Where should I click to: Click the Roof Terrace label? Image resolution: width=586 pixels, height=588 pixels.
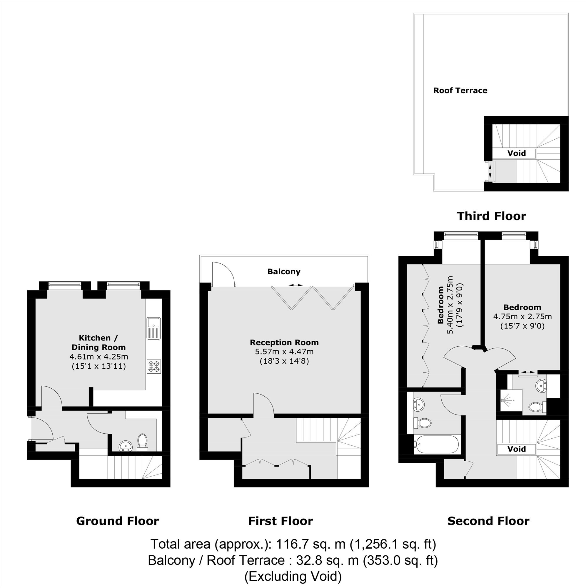tap(460, 90)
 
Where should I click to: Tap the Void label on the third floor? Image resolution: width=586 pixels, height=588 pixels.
tap(516, 153)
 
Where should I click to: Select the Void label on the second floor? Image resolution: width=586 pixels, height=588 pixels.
tap(517, 449)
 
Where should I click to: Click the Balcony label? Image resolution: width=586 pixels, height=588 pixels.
tap(284, 272)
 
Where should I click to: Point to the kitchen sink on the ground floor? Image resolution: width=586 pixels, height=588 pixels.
tap(154, 328)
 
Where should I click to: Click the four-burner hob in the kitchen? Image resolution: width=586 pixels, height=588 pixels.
tap(154, 366)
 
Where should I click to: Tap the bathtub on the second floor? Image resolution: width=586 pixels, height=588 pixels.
tap(436, 445)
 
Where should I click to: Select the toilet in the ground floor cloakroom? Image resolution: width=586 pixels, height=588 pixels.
tap(142, 442)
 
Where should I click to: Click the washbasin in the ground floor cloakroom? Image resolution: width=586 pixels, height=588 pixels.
tap(125, 446)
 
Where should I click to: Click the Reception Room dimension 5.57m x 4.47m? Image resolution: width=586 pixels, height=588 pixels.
tap(284, 352)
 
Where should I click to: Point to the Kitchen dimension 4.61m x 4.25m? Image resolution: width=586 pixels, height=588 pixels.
tap(98, 356)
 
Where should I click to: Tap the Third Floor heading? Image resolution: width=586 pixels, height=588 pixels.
tap(491, 216)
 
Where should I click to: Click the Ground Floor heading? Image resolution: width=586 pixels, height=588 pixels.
tap(118, 521)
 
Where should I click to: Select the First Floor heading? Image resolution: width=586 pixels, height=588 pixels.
tap(281, 521)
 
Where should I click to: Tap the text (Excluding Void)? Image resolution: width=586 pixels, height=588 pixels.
tap(293, 576)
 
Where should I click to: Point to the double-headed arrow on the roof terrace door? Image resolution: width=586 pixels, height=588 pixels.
tap(490, 172)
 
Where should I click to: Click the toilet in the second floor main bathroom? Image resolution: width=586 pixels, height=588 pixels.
tap(423, 422)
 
